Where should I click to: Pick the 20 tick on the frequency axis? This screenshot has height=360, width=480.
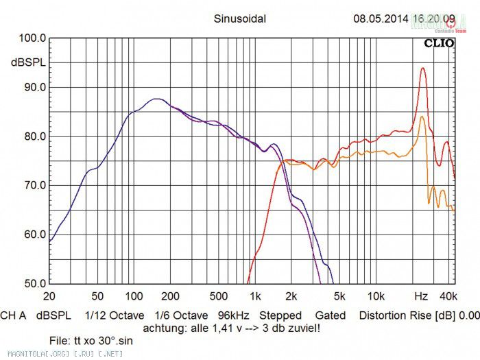49,296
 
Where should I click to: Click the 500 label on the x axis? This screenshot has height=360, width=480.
218,296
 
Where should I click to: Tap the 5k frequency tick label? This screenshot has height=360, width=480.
339,296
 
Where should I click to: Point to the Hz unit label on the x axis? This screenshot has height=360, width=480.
421,296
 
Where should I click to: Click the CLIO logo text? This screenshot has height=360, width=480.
437,43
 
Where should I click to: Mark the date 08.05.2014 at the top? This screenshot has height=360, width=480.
381,19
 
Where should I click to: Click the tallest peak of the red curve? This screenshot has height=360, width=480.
423,68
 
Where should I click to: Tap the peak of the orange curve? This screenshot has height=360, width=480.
422,117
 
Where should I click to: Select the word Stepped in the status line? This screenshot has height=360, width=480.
280,315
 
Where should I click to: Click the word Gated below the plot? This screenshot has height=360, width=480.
331,315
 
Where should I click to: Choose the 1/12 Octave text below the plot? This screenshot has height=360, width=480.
115,315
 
